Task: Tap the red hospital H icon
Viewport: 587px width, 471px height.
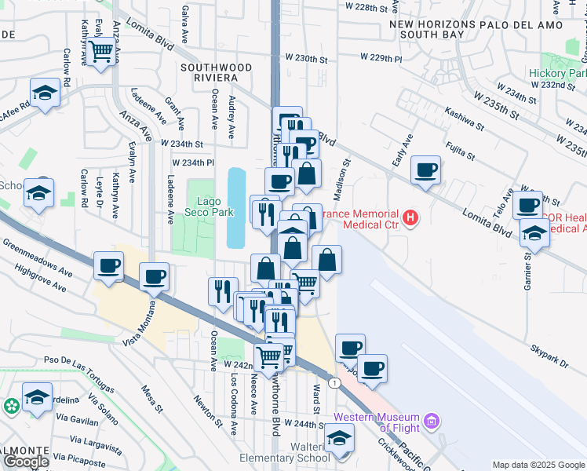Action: click(x=409, y=217)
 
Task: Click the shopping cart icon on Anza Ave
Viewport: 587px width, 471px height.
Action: click(x=101, y=53)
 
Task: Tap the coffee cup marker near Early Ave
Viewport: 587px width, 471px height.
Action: click(x=425, y=170)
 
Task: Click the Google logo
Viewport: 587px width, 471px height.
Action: click(x=26, y=462)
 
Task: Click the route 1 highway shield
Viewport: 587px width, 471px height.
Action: click(x=336, y=382)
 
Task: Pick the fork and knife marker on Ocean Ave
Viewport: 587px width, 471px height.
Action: click(x=223, y=291)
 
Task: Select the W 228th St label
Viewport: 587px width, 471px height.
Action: click(x=368, y=7)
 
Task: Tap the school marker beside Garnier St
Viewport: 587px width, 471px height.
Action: click(x=534, y=233)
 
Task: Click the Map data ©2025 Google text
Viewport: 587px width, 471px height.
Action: click(x=538, y=465)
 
